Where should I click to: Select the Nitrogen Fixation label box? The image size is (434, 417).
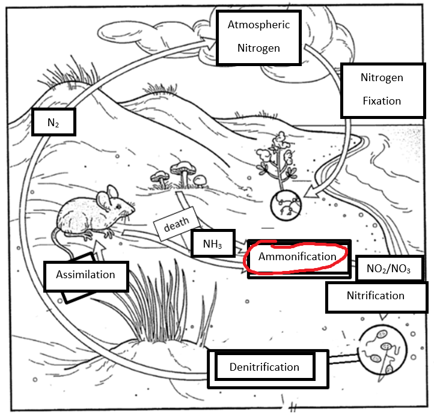pyautogui.click(x=381, y=89)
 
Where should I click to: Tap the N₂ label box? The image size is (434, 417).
pyautogui.click(x=53, y=123)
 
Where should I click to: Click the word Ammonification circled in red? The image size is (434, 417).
pyautogui.click(x=297, y=257)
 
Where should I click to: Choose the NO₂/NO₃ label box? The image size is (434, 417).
pyautogui.click(x=388, y=269)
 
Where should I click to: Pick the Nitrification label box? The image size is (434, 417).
pyautogui.click(x=375, y=296)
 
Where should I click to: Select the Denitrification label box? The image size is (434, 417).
pyautogui.click(x=264, y=367)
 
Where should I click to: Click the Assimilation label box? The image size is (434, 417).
pyautogui.click(x=85, y=275)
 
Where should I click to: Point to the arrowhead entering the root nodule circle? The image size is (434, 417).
pyautogui.click(x=308, y=193)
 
